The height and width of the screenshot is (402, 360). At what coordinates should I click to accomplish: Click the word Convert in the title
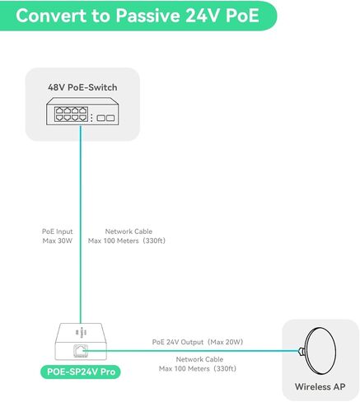[51, 16]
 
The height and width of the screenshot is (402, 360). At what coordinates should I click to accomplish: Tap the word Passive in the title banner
[148, 16]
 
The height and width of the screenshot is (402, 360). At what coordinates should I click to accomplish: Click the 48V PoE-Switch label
[82, 87]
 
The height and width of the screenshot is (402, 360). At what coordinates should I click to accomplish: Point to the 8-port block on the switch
[71, 115]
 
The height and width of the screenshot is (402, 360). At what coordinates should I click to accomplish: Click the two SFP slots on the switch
[105, 118]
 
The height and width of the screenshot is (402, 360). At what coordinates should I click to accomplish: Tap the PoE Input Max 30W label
[58, 236]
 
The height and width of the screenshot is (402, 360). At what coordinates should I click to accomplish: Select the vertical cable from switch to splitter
[81, 224]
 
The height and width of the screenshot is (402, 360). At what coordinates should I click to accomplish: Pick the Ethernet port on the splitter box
[81, 351]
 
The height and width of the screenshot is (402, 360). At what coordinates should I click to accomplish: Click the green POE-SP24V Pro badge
[81, 372]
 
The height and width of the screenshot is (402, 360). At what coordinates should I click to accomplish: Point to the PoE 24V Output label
[178, 342]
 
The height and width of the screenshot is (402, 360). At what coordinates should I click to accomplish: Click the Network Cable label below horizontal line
[199, 359]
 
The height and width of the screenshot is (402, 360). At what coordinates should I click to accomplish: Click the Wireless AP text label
[320, 386]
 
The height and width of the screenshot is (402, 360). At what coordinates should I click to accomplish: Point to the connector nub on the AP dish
[302, 351]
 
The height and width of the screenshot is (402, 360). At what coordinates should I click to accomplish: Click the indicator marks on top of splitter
[81, 333]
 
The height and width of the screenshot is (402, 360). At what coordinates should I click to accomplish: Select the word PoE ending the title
[242, 16]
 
